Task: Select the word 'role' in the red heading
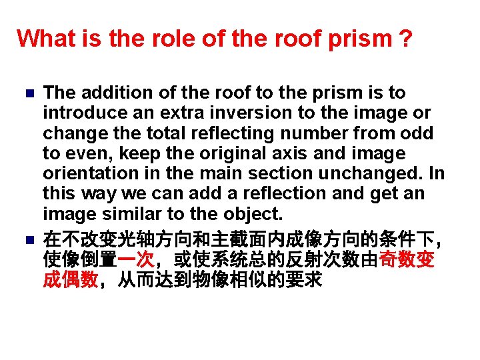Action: (159, 39)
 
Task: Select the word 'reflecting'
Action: (227, 133)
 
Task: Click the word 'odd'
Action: (419, 133)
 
